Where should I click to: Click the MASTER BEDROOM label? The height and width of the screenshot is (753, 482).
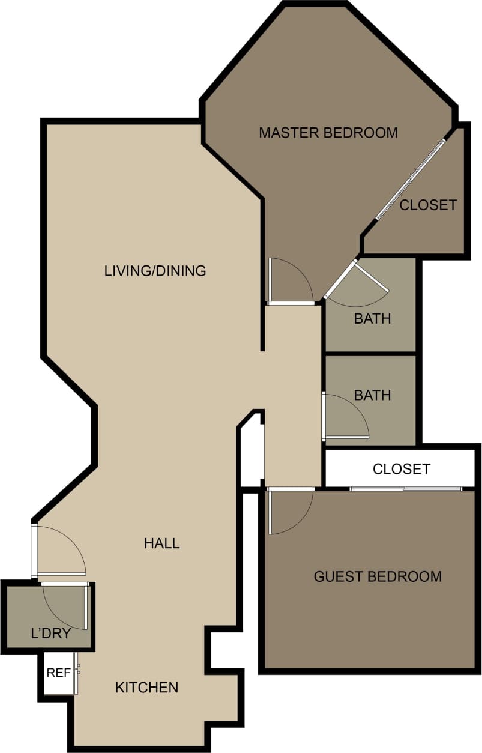pos(328,133)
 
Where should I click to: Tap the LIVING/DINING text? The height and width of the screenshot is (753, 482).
pos(155,271)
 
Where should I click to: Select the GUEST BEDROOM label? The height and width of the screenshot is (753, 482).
pos(378,577)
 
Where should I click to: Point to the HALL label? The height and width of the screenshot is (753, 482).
pos(161,543)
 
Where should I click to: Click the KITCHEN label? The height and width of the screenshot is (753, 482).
pos(146,688)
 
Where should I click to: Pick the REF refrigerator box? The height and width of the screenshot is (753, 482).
pos(59,673)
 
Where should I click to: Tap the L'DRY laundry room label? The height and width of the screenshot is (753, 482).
pos(51,634)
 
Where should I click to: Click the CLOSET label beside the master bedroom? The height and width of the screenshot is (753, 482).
pos(428,205)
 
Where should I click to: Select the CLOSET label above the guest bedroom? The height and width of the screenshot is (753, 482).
pos(401,469)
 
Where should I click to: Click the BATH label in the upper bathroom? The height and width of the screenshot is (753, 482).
pos(372,318)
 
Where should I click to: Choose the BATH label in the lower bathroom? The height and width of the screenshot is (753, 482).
pos(372,395)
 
